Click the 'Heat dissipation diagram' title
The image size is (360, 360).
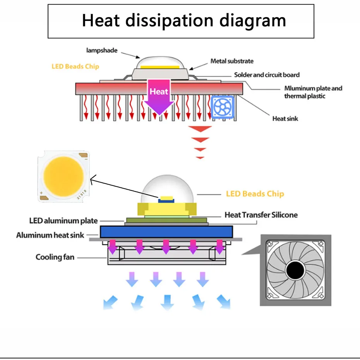point(184,21)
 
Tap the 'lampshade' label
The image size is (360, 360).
point(102,50)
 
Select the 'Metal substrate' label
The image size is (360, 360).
point(232,61)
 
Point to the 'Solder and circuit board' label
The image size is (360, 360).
point(267,75)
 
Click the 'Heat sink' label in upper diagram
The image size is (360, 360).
point(285,118)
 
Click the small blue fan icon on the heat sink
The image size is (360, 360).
point(222,107)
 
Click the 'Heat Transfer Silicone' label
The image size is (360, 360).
point(261,215)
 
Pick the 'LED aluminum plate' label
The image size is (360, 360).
point(63,221)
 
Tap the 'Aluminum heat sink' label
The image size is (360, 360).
point(50,235)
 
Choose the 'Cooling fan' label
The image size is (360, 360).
point(55,257)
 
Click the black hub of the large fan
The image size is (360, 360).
point(295,270)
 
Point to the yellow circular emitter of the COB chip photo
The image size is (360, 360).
point(63,177)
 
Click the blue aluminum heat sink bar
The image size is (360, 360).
point(166,231)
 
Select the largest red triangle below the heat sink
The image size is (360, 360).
point(200,129)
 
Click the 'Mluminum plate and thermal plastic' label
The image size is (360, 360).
point(313,92)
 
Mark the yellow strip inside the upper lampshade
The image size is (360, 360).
point(160,67)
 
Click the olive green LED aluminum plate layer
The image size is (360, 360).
point(166,220)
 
